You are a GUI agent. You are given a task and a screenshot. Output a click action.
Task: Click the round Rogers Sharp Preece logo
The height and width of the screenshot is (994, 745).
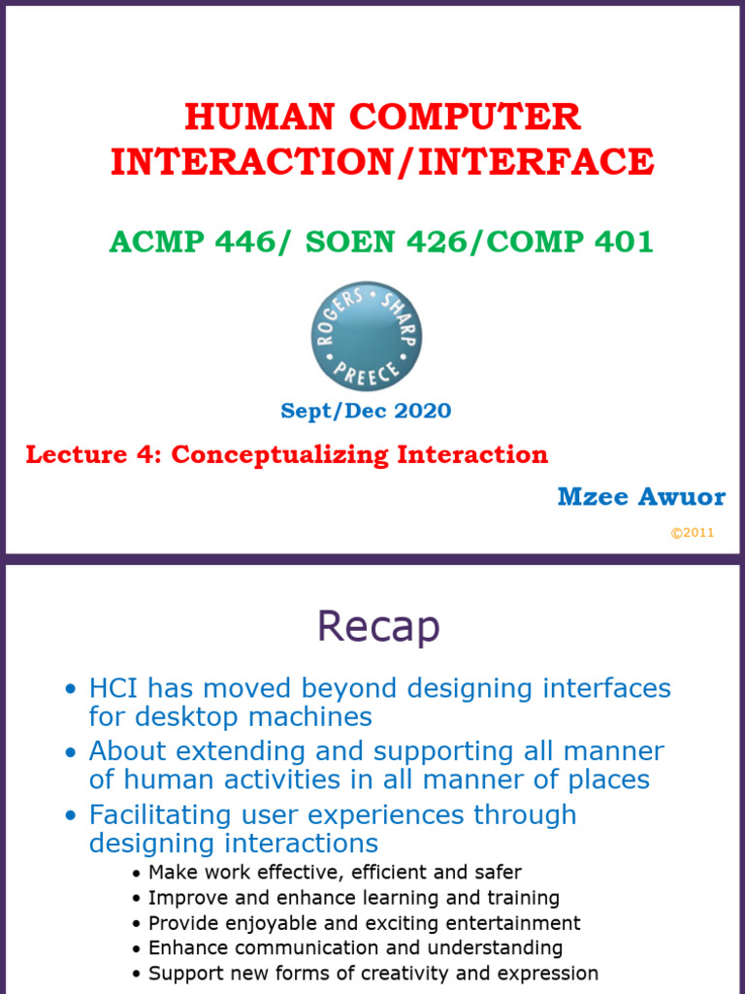point(367,336)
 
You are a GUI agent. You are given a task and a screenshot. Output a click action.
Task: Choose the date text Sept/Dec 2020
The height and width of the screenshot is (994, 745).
point(366,411)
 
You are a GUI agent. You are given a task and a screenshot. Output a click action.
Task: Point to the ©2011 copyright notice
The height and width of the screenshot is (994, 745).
point(692,533)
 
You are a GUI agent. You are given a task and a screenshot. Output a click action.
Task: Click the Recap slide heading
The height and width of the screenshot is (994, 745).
point(377,627)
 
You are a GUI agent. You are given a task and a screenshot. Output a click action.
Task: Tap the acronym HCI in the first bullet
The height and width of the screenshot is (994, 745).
point(113,689)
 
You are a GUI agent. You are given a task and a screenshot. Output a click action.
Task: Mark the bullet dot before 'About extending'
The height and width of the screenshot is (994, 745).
point(70,753)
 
